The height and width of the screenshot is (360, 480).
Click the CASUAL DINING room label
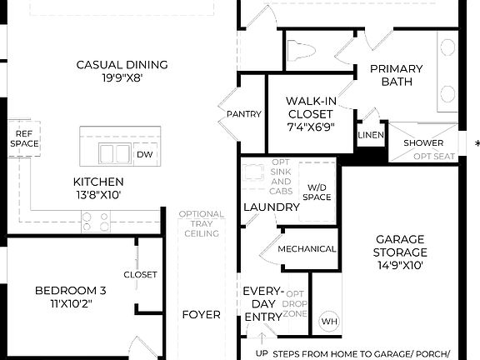click(122, 65)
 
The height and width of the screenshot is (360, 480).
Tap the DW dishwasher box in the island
click(145, 154)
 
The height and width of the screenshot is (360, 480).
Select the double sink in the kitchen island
click(115, 154)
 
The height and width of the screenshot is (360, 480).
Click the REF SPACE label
click(24, 138)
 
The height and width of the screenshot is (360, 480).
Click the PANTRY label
click(244, 114)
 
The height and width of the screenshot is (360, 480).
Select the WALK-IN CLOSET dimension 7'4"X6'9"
click(311, 127)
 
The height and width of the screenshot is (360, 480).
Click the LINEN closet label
click(370, 135)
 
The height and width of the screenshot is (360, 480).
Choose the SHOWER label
click(423, 142)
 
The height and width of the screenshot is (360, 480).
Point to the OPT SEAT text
click(434, 156)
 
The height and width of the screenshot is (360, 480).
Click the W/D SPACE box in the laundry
click(317, 192)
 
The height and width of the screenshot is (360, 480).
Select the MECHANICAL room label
click(307, 248)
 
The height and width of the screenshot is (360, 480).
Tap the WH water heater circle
click(329, 321)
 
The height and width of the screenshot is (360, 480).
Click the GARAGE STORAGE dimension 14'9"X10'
click(400, 266)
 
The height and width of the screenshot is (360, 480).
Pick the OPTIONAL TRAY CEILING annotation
click(201, 224)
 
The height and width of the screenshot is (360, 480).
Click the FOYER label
click(201, 314)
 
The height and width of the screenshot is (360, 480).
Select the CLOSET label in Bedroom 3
click(140, 274)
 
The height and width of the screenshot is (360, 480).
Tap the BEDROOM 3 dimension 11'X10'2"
click(70, 303)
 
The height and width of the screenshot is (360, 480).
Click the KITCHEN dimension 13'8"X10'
click(97, 195)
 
